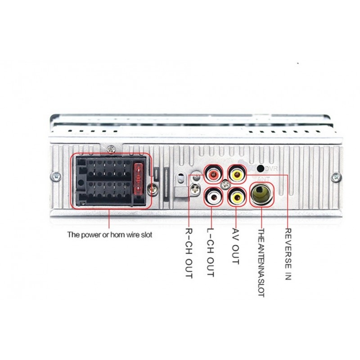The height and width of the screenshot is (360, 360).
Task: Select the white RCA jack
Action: pos(213,197)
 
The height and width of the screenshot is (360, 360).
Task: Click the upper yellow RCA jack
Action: pos(237,175)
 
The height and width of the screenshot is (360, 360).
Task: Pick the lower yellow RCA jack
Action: pos(237,197)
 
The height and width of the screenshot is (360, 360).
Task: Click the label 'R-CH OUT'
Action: pos(189,253)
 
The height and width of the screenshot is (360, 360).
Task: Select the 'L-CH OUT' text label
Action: pos(211,252)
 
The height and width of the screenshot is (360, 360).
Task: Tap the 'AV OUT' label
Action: pos(236,246)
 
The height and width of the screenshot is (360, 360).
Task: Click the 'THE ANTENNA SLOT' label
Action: pos(261,263)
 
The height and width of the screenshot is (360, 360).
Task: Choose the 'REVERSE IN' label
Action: pos(288,254)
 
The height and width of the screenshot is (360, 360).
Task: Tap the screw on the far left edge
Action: pos(56,176)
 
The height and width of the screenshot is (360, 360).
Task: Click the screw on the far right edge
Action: pos(336,177)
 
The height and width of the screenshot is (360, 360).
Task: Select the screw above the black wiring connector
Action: pos(111,149)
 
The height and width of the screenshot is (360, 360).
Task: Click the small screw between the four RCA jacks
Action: pos(225,184)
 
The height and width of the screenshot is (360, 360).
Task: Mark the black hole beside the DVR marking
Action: pos(261,168)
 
